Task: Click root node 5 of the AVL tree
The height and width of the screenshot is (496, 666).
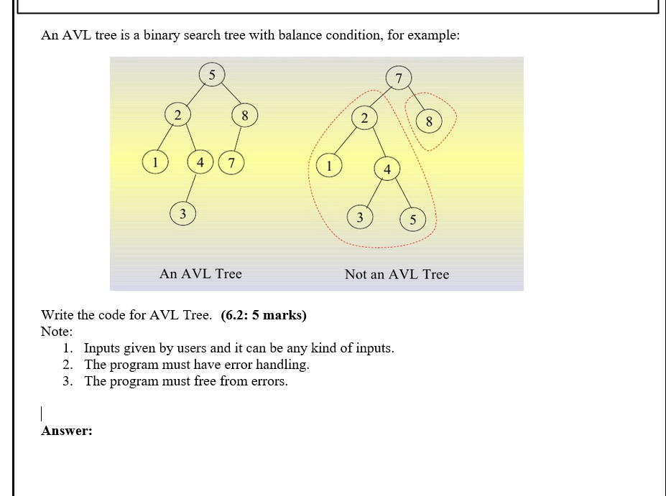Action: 211,74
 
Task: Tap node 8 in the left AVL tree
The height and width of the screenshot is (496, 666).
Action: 244,115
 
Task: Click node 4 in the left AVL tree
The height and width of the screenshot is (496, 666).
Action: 200,162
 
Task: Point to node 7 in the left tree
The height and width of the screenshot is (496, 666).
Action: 231,162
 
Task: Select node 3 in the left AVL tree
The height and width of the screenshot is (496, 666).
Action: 182,213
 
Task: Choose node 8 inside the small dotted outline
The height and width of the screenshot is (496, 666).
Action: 429,121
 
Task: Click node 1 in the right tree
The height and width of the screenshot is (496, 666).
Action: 329,165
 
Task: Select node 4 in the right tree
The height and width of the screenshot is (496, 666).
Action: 387,169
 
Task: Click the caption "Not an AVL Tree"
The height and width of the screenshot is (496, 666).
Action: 397,274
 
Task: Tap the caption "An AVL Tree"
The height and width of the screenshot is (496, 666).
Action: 200,273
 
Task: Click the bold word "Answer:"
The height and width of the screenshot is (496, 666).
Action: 67,431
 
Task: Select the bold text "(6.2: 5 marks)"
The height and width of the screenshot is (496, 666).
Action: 264,315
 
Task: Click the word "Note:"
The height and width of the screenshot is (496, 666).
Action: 57,332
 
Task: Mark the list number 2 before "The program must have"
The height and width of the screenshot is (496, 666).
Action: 67,365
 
